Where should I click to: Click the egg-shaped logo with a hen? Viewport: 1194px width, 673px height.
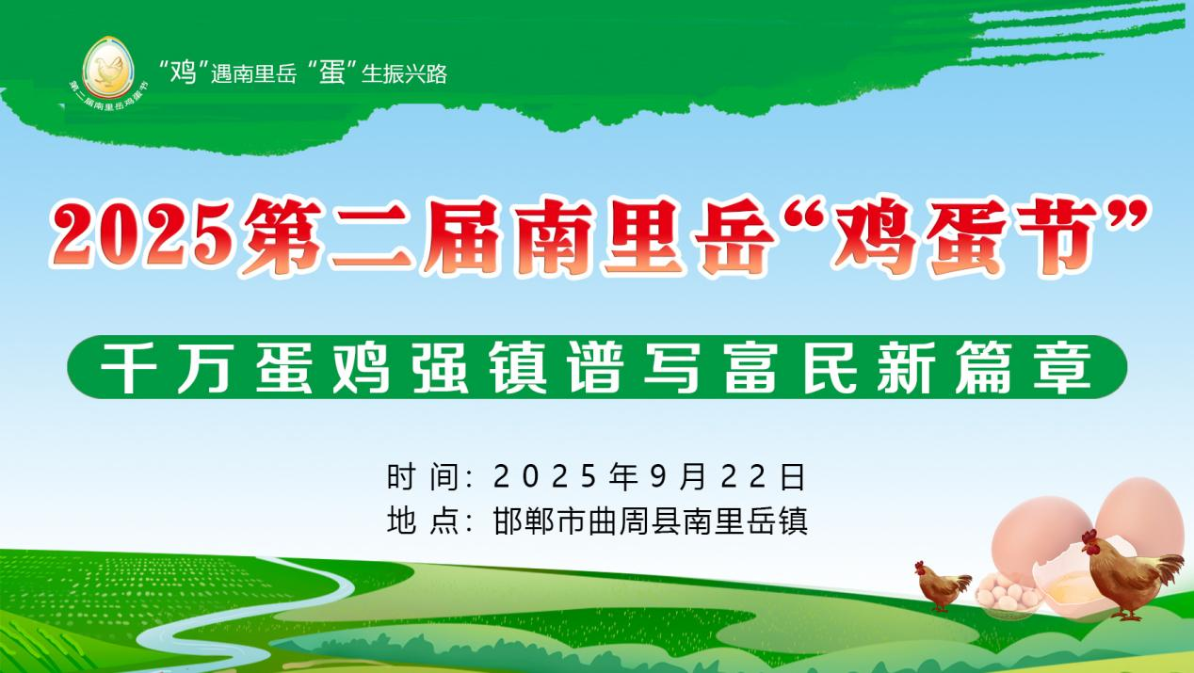coord(108,68)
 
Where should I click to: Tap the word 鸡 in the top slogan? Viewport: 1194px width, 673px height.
coord(183,72)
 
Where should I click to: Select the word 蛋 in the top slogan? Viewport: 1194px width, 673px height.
coord(332,72)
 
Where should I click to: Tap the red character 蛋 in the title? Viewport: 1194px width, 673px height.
coord(966,236)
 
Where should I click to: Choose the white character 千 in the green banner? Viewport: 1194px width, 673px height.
coord(128,368)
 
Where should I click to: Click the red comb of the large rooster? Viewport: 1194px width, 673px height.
coord(1089,536)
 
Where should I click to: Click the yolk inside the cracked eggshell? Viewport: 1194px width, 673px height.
coord(1073,590)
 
